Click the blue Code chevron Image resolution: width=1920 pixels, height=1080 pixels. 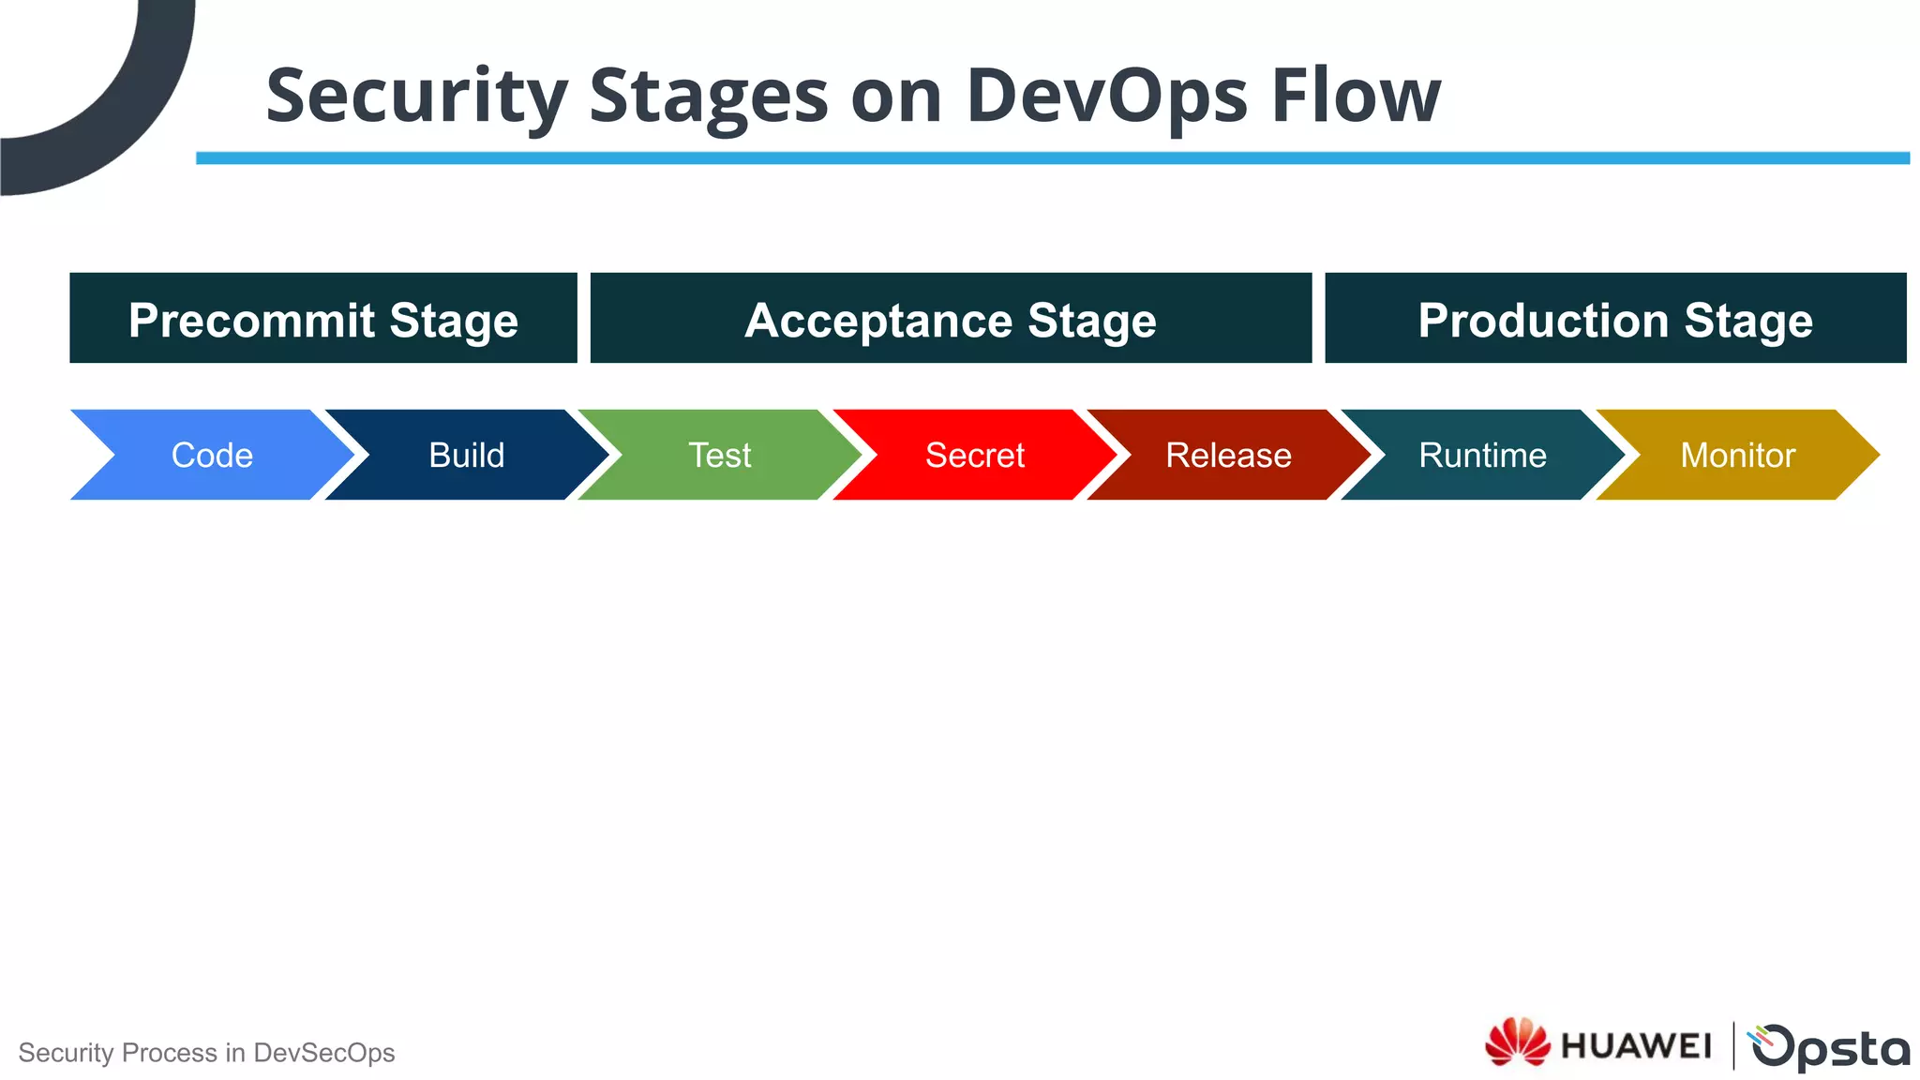coord(212,455)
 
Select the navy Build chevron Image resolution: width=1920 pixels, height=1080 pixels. coord(466,455)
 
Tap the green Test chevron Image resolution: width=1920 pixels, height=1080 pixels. coord(720,455)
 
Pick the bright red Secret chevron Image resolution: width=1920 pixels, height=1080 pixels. coord(975,455)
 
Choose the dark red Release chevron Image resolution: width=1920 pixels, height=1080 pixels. coord(1228,455)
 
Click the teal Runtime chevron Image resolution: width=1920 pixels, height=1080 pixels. coord(1482,455)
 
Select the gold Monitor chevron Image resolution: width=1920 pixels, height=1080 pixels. coord(1737,455)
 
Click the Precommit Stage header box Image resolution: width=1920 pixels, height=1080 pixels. coord(323,319)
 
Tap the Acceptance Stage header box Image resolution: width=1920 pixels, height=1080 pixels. coord(951,319)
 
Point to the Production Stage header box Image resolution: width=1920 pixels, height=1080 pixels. coord(1615,319)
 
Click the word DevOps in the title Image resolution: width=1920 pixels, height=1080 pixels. coord(1106,96)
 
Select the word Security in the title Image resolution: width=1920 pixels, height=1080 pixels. coord(416,96)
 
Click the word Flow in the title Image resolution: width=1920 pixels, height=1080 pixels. coord(1356,96)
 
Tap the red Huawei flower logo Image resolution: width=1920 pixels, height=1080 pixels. coord(1517,1042)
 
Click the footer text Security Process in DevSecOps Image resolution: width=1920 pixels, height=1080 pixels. coord(206,1053)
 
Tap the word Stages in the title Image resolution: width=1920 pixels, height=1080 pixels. coord(709,96)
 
